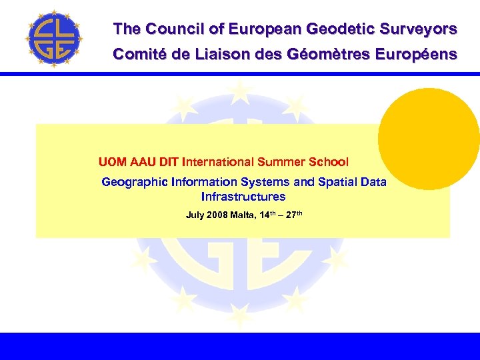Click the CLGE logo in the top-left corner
click(53, 38)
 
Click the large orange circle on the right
click(429, 139)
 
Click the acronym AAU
click(140, 162)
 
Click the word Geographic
click(135, 182)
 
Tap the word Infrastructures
click(243, 197)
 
